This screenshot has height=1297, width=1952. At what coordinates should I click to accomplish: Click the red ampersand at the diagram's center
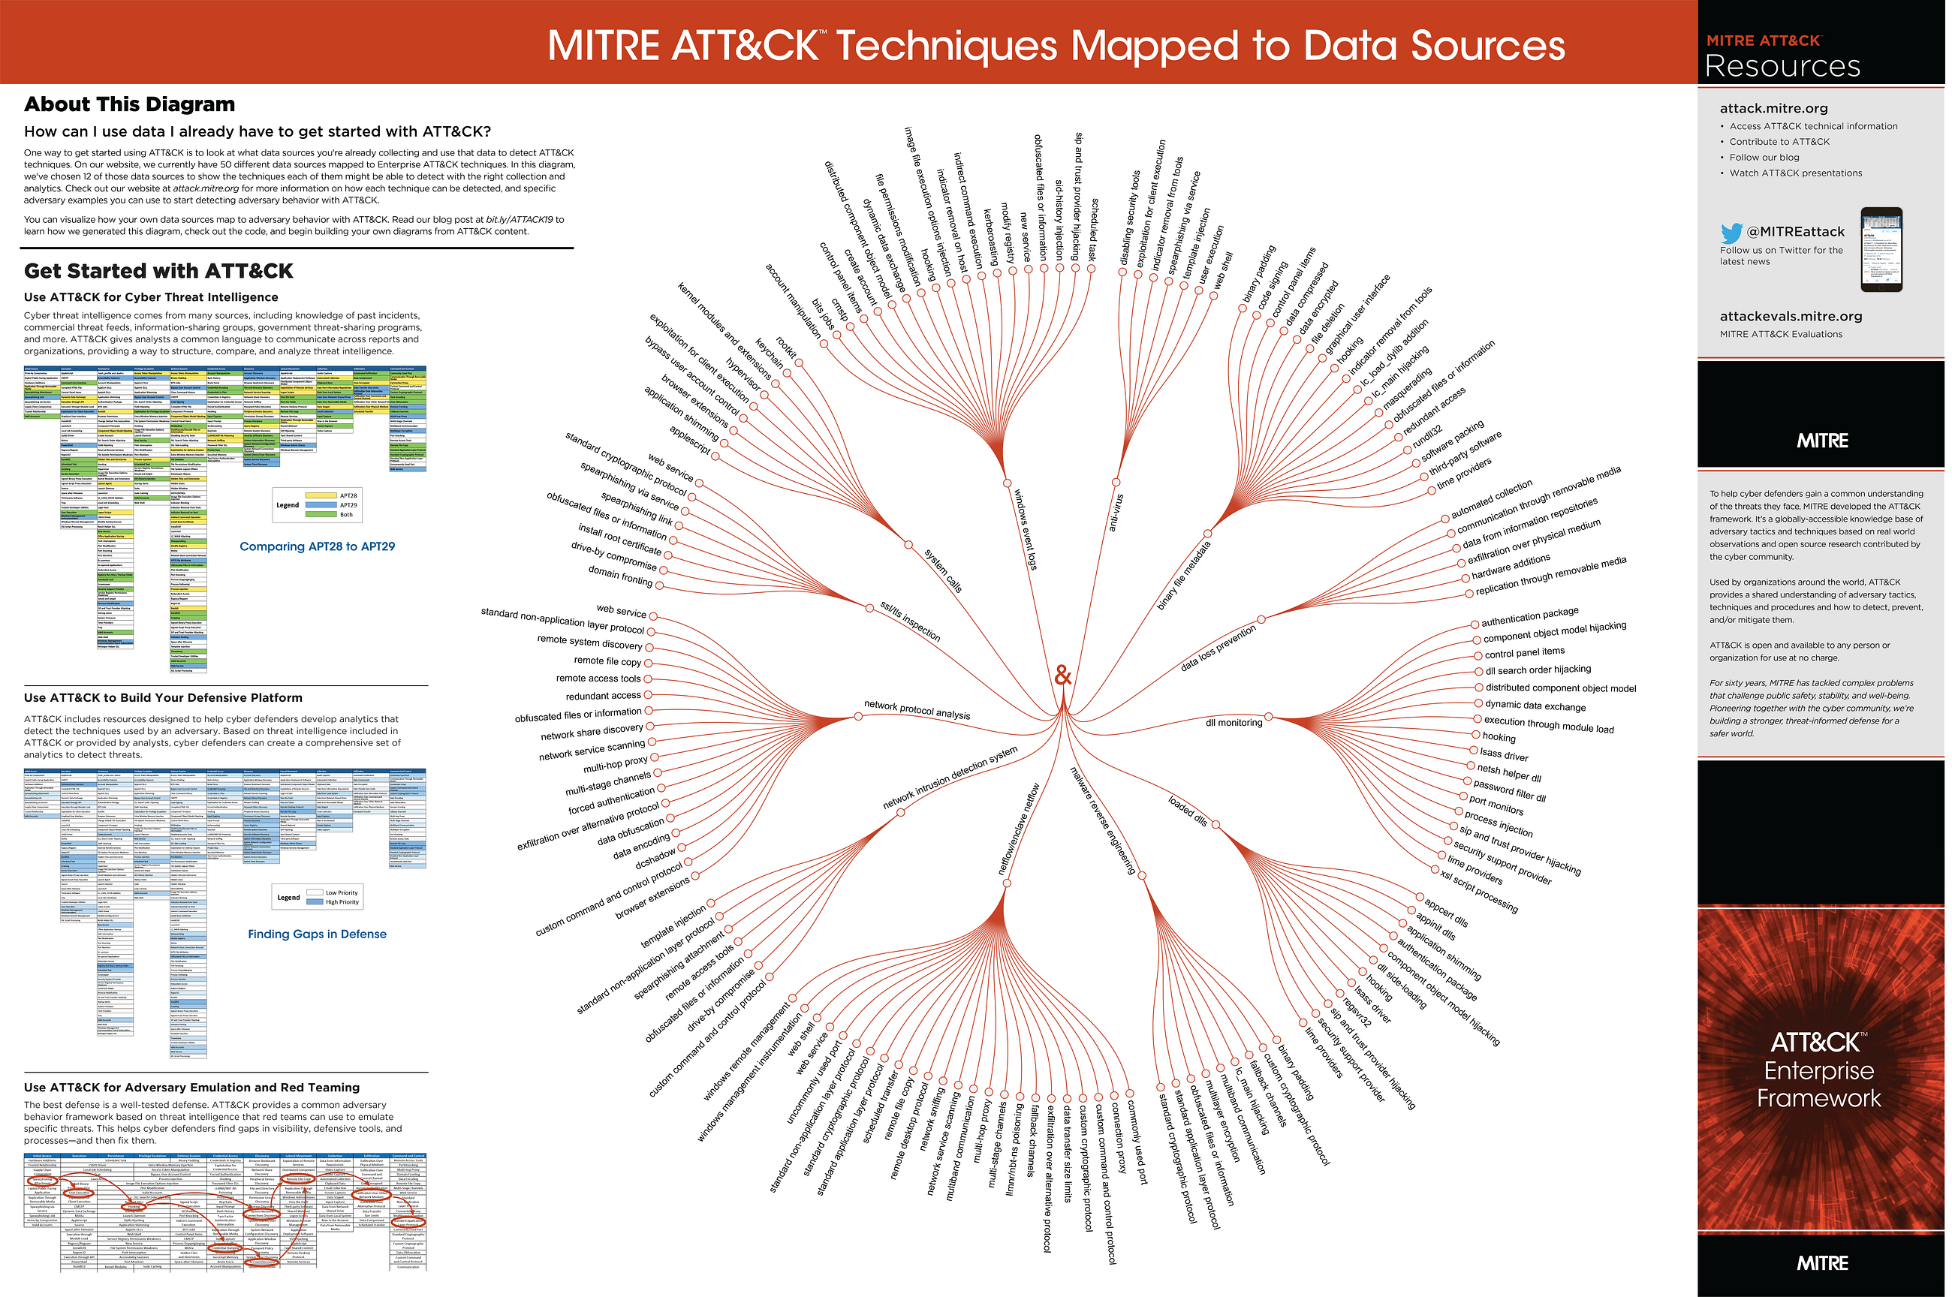[1063, 676]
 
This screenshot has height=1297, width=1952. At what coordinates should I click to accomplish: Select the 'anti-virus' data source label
[1116, 512]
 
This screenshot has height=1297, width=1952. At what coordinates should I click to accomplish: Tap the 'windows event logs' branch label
[1025, 528]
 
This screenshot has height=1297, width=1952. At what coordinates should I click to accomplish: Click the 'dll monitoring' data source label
[1234, 723]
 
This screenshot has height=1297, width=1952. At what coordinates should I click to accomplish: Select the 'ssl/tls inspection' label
[910, 621]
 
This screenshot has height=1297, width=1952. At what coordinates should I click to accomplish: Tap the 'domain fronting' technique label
[620, 576]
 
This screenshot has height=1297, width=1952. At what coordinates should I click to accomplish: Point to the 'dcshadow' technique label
[655, 858]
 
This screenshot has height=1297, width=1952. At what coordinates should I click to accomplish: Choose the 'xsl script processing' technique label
[1479, 892]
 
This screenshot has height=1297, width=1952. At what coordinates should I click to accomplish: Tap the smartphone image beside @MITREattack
[1881, 250]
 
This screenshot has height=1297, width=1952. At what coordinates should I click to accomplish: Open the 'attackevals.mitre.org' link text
[1791, 316]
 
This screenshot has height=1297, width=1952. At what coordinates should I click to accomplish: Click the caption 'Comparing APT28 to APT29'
[317, 546]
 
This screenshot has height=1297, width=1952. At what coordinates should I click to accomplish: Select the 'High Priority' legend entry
[342, 902]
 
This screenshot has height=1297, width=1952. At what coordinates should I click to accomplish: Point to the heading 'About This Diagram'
[130, 104]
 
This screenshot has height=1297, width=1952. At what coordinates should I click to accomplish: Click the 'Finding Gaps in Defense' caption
[317, 934]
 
